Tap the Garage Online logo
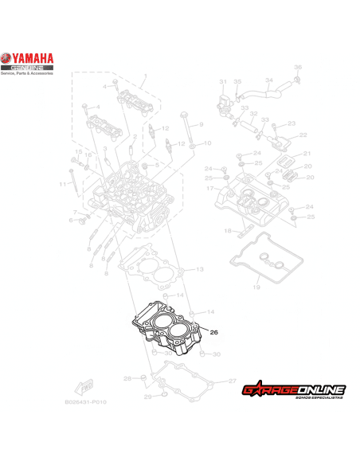(x=294, y=390)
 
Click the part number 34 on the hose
(x=268, y=80)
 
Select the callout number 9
(x=202, y=125)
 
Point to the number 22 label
(x=303, y=135)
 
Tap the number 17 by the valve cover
(x=209, y=189)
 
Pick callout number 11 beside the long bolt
(x=61, y=185)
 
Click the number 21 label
(x=307, y=154)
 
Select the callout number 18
(x=227, y=231)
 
